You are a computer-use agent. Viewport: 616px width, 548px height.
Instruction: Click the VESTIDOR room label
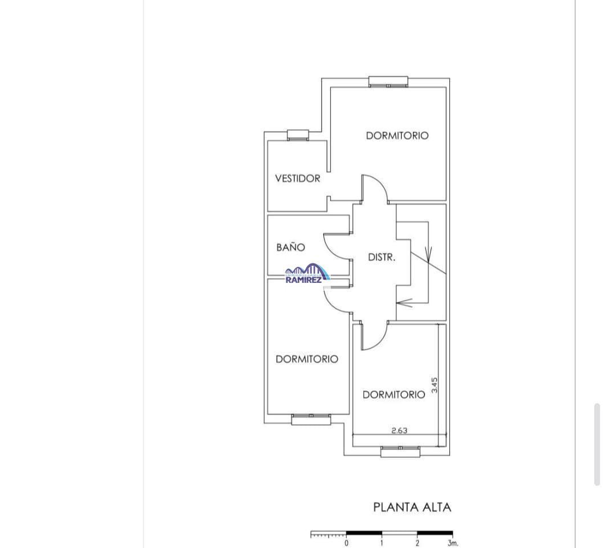pyautogui.click(x=297, y=178)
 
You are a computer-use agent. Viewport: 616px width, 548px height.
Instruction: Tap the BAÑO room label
pyautogui.click(x=290, y=247)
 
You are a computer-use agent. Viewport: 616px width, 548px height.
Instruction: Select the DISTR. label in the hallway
pyautogui.click(x=381, y=258)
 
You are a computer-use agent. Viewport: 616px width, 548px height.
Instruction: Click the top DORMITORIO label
pyautogui.click(x=397, y=136)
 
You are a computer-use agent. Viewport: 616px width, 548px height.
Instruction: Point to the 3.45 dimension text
pyautogui.click(x=435, y=385)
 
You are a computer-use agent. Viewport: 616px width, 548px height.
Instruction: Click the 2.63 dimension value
pyautogui.click(x=399, y=431)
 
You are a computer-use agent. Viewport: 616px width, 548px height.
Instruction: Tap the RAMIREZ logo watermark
pyautogui.click(x=307, y=274)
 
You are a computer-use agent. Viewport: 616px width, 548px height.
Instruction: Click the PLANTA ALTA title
pyautogui.click(x=412, y=507)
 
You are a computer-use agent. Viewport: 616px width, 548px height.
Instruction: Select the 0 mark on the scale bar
pyautogui.click(x=346, y=543)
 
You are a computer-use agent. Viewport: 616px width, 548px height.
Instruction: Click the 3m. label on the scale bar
pyautogui.click(x=453, y=543)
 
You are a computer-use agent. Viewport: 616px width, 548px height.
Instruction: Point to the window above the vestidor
pyautogui.click(x=298, y=135)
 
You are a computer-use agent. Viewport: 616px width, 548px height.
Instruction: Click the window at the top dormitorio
pyautogui.click(x=388, y=82)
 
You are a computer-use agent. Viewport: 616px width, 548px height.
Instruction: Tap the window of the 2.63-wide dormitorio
pyautogui.click(x=400, y=452)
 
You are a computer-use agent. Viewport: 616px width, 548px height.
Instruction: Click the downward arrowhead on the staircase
pyautogui.click(x=429, y=254)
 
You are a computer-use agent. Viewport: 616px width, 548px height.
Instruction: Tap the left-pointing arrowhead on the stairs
pyautogui.click(x=403, y=303)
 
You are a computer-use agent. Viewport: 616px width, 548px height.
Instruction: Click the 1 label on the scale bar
pyautogui.click(x=382, y=543)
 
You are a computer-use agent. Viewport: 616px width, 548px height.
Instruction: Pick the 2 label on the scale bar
pyautogui.click(x=418, y=543)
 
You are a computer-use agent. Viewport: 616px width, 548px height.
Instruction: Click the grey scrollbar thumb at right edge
pyautogui.click(x=597, y=444)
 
